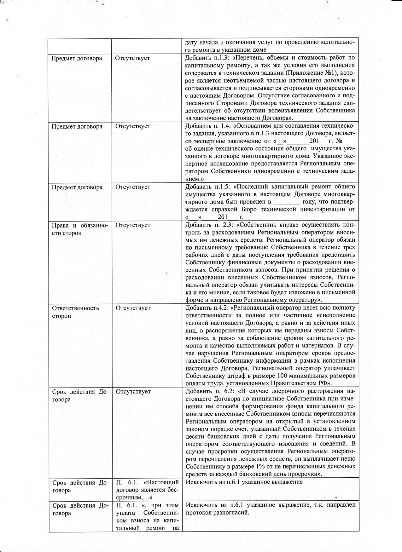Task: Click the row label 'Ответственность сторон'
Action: pyautogui.click(x=75, y=312)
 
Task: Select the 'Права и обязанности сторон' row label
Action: pyautogui.click(x=80, y=229)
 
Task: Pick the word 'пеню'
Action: pyautogui.click(x=348, y=459)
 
